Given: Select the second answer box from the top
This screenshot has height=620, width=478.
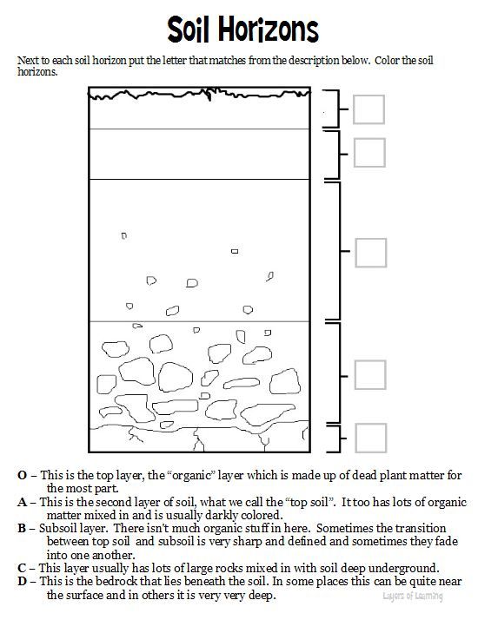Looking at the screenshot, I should (369, 152).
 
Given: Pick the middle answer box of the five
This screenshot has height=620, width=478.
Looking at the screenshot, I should (370, 252).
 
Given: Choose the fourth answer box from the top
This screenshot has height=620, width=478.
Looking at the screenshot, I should (370, 374).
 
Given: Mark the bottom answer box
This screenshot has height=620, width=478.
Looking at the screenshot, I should (370, 438).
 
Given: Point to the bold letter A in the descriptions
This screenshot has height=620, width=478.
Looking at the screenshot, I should (22, 502).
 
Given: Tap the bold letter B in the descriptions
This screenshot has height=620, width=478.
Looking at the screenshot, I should (22, 528).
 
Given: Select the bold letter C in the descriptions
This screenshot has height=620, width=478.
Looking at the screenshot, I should (22, 568).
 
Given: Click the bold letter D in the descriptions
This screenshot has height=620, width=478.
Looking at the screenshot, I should (22, 582).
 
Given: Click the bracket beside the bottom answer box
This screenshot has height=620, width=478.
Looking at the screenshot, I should (337, 438).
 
